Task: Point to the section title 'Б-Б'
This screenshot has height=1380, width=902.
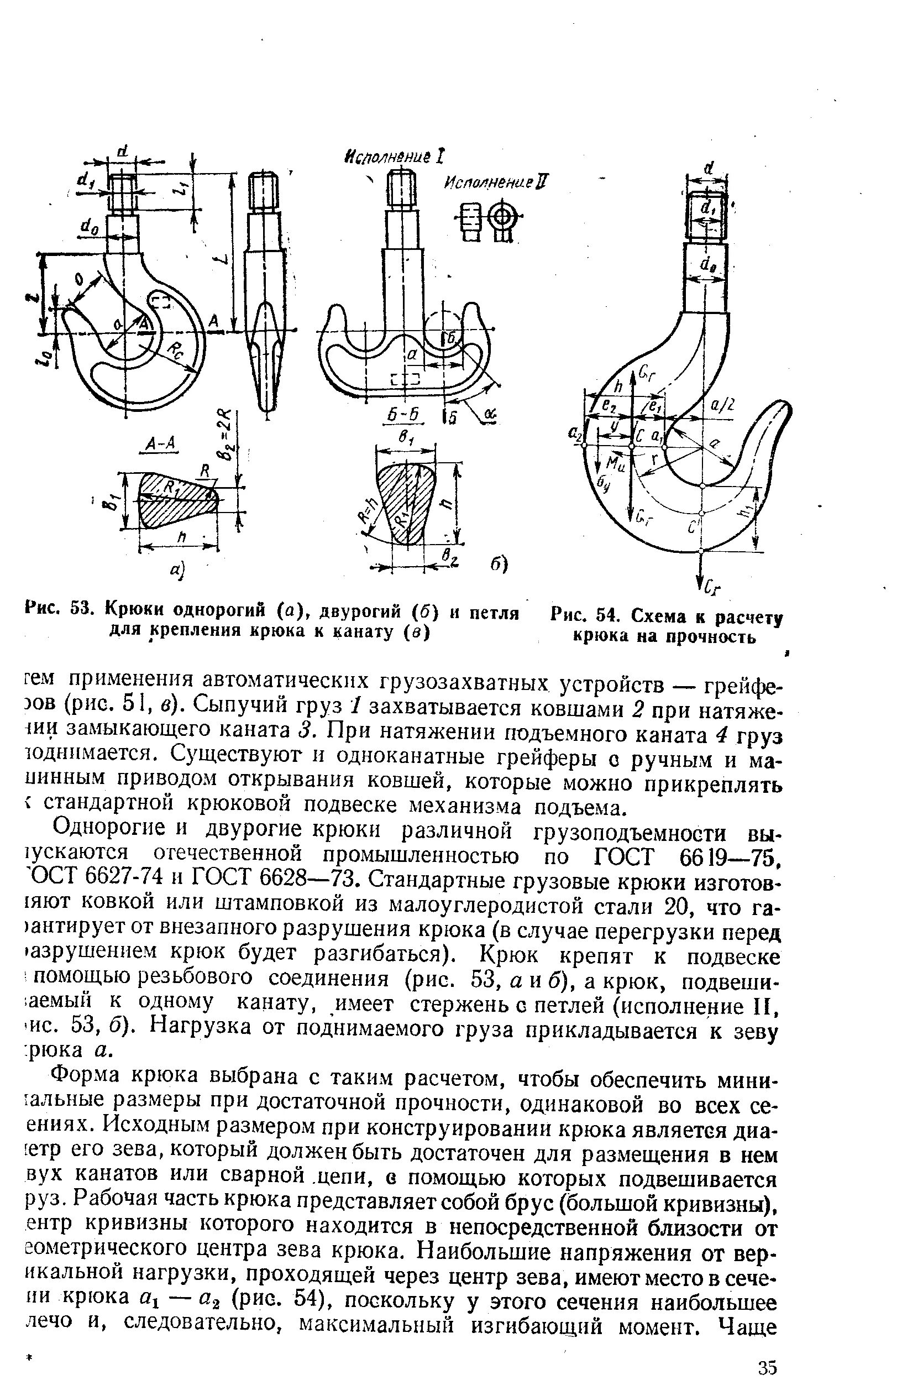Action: pos(405,414)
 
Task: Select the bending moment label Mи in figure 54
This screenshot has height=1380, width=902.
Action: pos(613,463)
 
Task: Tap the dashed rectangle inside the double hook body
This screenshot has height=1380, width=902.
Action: pos(405,379)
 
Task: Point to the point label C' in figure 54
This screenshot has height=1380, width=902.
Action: pos(691,528)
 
